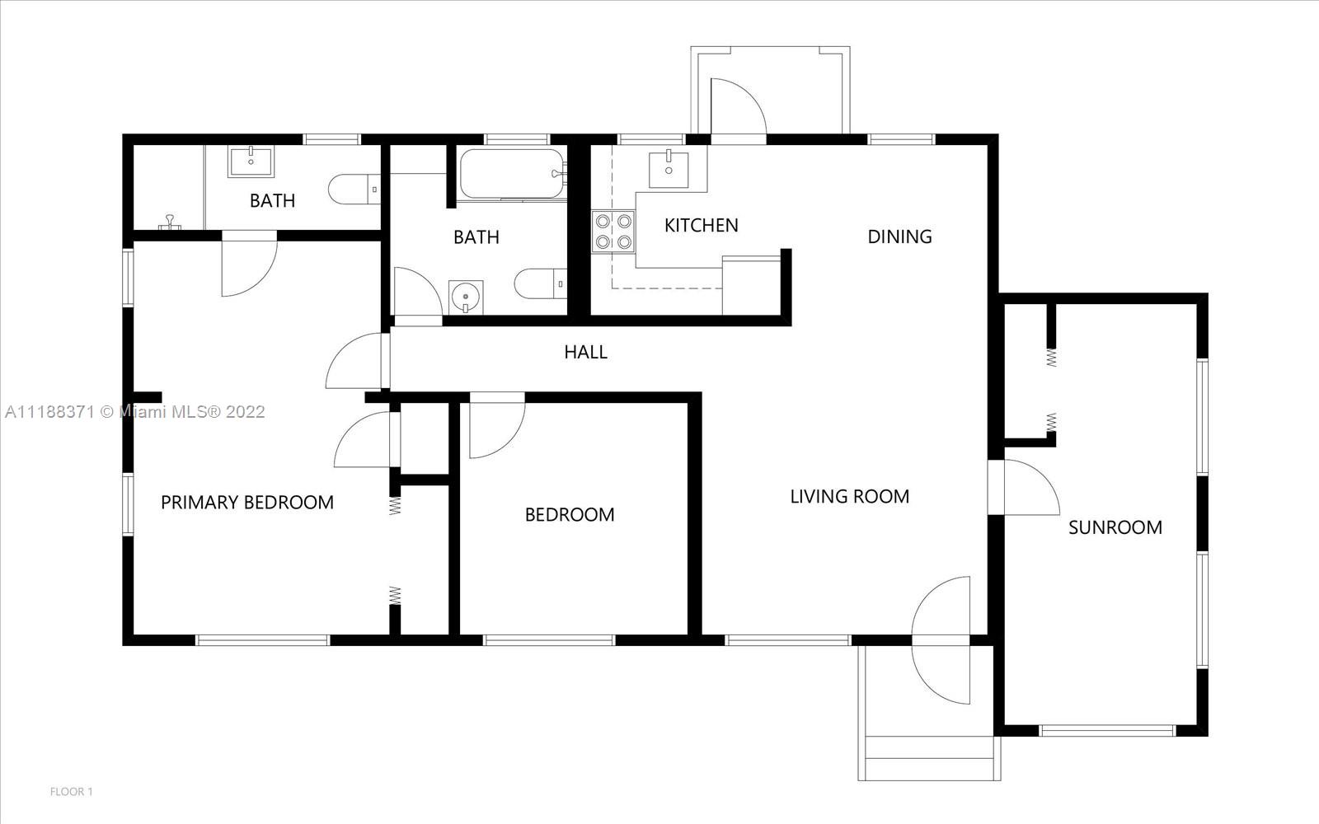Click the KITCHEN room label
(701, 226)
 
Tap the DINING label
(899, 236)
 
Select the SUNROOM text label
(1115, 527)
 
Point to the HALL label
(585, 352)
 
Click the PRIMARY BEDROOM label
(247, 502)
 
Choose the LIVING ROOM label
(850, 497)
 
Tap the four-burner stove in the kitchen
(613, 232)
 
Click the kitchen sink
(669, 170)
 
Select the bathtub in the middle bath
(512, 174)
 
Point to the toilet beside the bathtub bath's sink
(541, 283)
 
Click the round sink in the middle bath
(466, 297)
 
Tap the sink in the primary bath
(251, 162)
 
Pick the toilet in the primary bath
(354, 189)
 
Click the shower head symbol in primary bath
(170, 222)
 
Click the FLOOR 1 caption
(71, 792)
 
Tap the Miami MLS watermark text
(135, 412)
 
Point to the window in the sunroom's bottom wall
(1107, 730)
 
